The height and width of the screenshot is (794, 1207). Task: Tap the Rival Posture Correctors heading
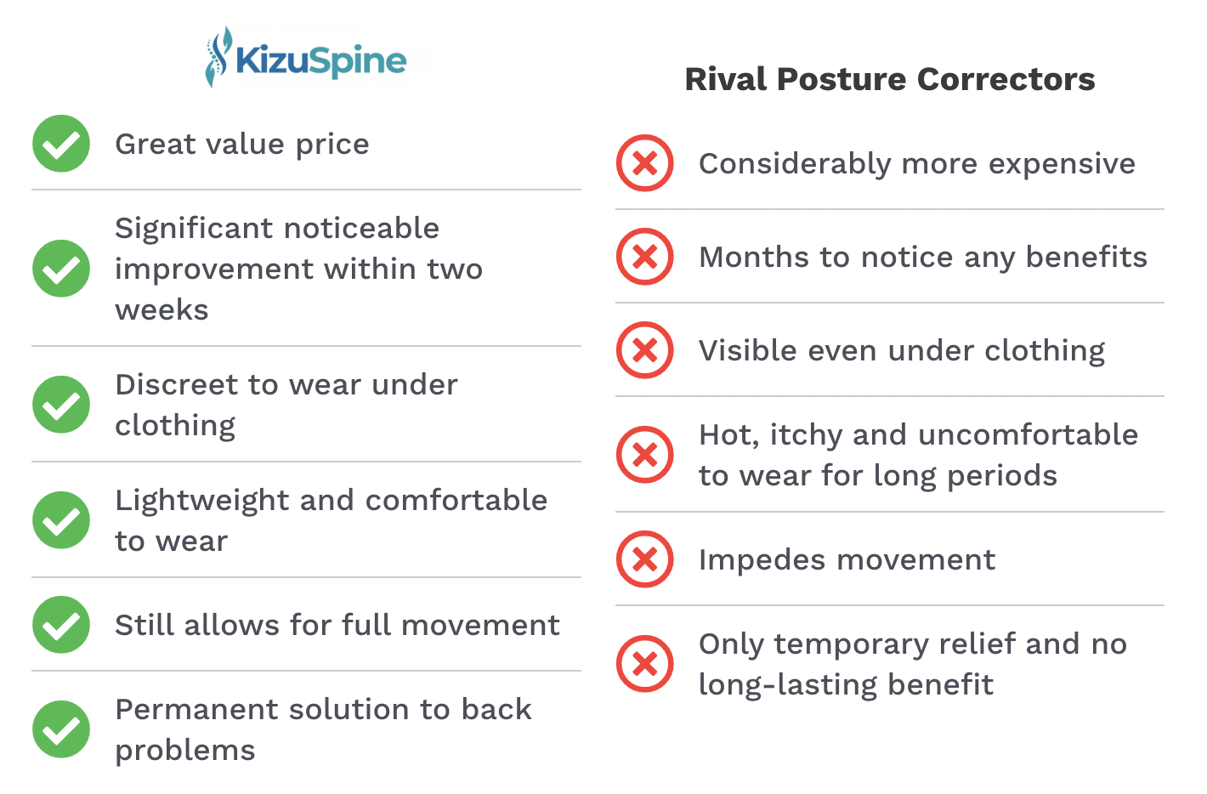pyautogui.click(x=889, y=79)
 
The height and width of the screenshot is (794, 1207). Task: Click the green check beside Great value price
pyautogui.click(x=61, y=144)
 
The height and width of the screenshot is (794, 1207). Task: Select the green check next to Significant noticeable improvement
pyautogui.click(x=61, y=269)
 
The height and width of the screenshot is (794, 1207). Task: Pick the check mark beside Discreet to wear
pyautogui.click(x=61, y=405)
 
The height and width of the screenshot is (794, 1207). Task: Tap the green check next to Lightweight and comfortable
pyautogui.click(x=61, y=520)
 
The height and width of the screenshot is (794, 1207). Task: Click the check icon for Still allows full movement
pyautogui.click(x=61, y=625)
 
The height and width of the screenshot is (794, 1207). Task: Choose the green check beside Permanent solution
pyautogui.click(x=61, y=729)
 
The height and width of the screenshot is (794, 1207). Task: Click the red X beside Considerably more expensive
pyautogui.click(x=645, y=163)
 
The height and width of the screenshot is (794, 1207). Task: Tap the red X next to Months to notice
pyautogui.click(x=645, y=257)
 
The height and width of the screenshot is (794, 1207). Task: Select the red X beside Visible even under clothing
pyautogui.click(x=645, y=350)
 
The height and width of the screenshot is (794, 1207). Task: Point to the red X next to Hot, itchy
pyautogui.click(x=645, y=455)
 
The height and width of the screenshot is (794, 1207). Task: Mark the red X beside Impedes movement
pyautogui.click(x=645, y=559)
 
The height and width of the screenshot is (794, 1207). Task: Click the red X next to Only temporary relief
pyautogui.click(x=645, y=664)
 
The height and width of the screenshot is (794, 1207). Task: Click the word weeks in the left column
pyautogui.click(x=161, y=310)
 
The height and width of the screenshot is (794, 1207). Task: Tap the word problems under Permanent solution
pyautogui.click(x=185, y=751)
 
